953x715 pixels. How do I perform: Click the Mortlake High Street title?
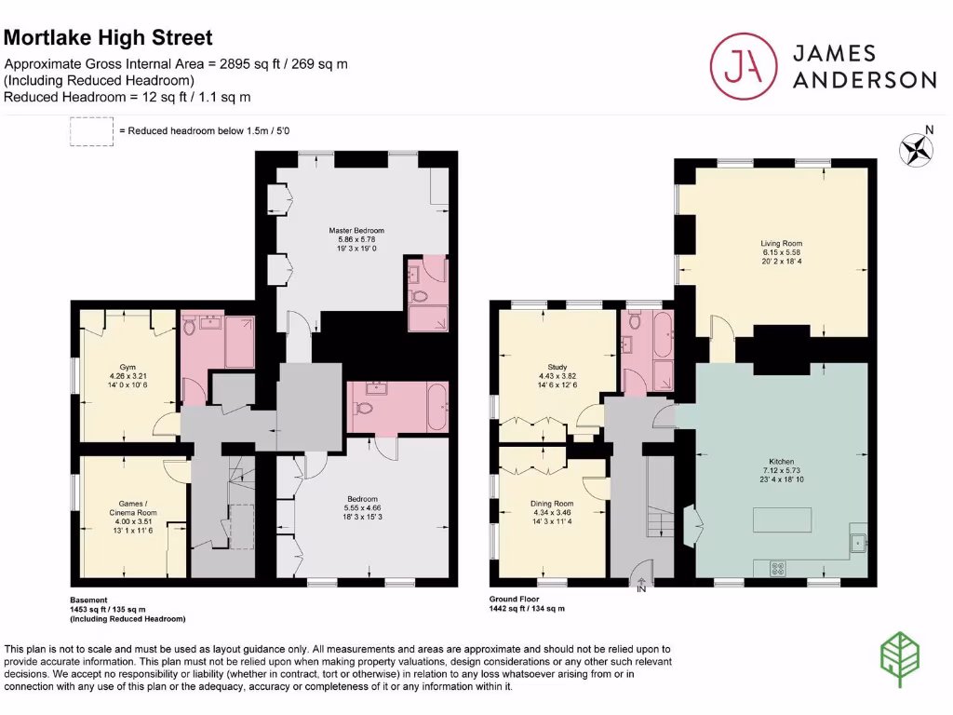109,38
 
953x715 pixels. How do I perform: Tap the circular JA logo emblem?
743,65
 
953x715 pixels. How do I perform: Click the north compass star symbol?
917,149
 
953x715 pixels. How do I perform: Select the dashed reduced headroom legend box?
91,132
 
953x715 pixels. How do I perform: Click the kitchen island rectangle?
782,519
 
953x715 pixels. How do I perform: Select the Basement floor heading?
89,600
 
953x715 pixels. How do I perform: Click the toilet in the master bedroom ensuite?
417,298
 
